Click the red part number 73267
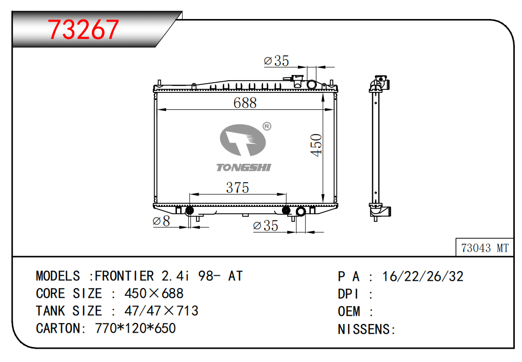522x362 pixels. tap(83, 29)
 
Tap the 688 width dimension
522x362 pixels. tap(245, 103)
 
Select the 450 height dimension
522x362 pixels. tap(316, 145)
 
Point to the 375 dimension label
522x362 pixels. tap(237, 187)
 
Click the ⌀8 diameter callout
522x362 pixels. tap(161, 221)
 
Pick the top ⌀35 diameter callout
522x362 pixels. tap(276, 61)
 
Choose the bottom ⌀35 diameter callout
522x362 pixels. tap(266, 225)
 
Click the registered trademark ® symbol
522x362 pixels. tap(267, 126)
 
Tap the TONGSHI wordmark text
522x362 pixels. tap(244, 167)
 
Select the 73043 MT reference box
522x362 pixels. tap(485, 247)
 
